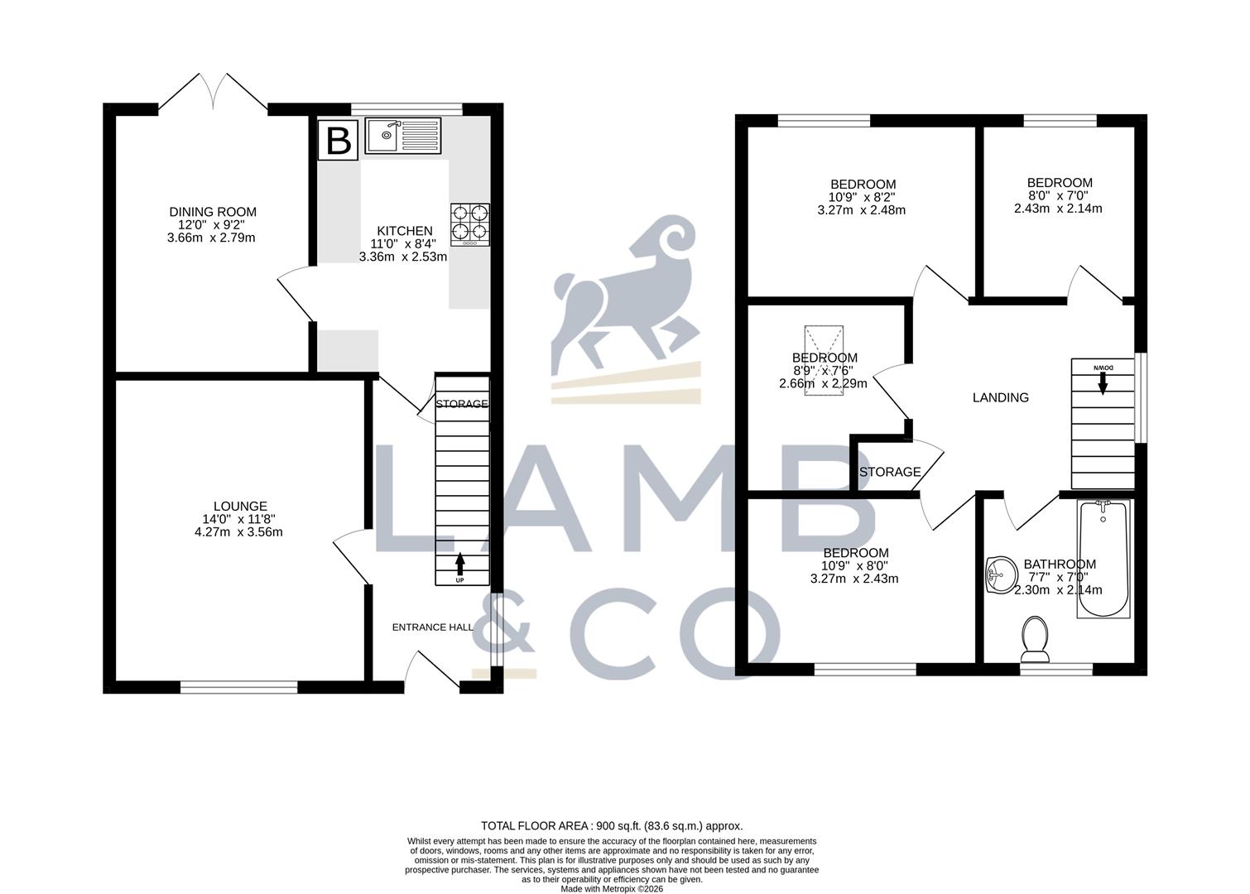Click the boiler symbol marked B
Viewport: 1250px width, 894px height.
338,140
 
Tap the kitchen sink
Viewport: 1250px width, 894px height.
403,136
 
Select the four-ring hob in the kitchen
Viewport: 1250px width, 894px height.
470,225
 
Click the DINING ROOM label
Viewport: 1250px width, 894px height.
213,212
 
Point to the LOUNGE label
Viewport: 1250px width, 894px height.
241,506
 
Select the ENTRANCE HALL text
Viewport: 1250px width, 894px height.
432,627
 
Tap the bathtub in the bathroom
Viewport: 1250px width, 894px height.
1103,559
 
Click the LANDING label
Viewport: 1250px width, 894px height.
1001,397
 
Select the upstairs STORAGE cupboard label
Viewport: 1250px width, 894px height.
890,472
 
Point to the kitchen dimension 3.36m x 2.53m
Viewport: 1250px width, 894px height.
403,257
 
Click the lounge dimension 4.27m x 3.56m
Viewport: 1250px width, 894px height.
239,531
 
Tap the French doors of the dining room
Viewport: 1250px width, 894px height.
213,92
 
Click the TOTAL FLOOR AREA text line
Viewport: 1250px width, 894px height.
612,826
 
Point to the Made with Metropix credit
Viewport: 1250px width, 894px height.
612,889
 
